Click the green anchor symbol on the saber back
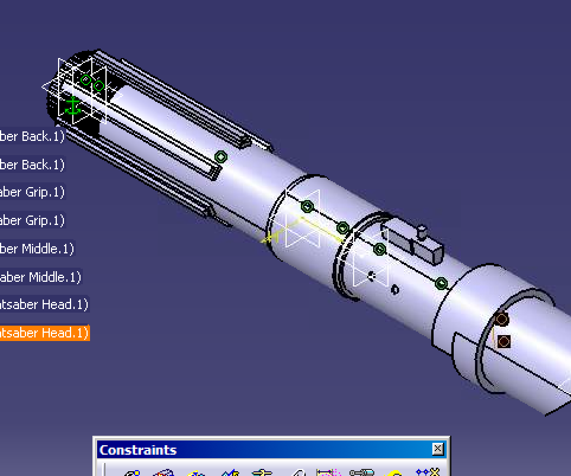click(x=72, y=106)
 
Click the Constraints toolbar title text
click(x=138, y=450)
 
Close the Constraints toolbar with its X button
click(x=437, y=449)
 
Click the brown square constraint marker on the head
click(x=504, y=342)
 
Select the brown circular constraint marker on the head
click(x=502, y=320)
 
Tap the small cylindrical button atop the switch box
click(x=422, y=232)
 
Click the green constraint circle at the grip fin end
click(x=221, y=157)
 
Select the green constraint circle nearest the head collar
click(x=441, y=284)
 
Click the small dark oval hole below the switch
click(x=395, y=290)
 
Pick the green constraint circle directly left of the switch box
click(x=380, y=250)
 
